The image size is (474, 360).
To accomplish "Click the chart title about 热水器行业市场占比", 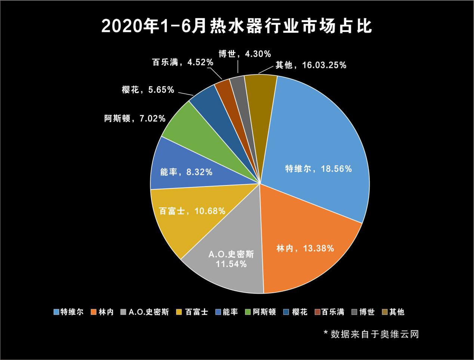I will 237,27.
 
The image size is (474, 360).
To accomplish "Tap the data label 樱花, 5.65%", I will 148,90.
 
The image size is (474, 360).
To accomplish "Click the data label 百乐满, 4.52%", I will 183,62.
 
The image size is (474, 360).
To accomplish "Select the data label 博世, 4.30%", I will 244,54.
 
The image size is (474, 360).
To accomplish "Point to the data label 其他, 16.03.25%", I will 311,65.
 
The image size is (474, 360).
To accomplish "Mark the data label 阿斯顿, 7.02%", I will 135,119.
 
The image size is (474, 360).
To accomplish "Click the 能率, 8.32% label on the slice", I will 186,172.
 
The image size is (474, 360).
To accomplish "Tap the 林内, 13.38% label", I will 305,248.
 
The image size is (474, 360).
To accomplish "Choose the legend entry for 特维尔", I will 69,312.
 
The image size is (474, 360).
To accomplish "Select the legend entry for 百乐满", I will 329,312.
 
